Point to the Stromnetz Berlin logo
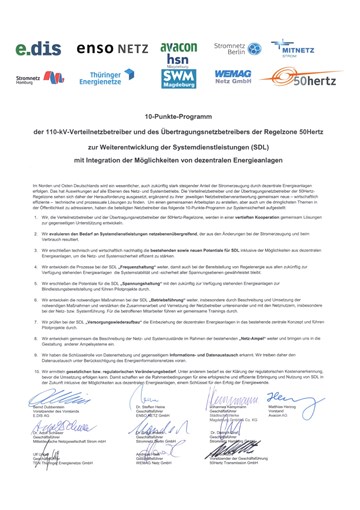(233, 46)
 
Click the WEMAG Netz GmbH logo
(233, 78)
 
